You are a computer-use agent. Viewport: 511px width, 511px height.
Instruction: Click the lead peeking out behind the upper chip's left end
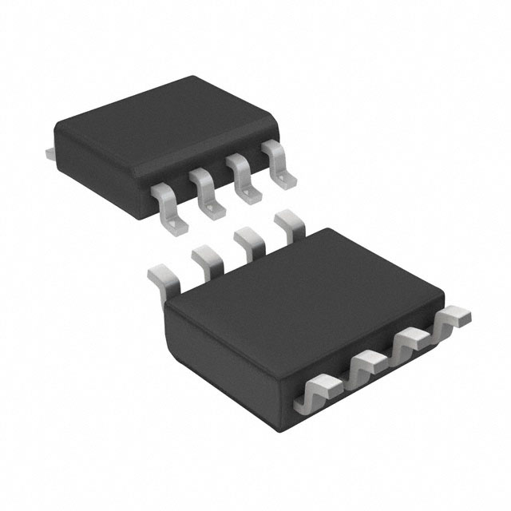coord(50,151)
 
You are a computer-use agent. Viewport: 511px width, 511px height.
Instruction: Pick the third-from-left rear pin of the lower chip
coord(249,243)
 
